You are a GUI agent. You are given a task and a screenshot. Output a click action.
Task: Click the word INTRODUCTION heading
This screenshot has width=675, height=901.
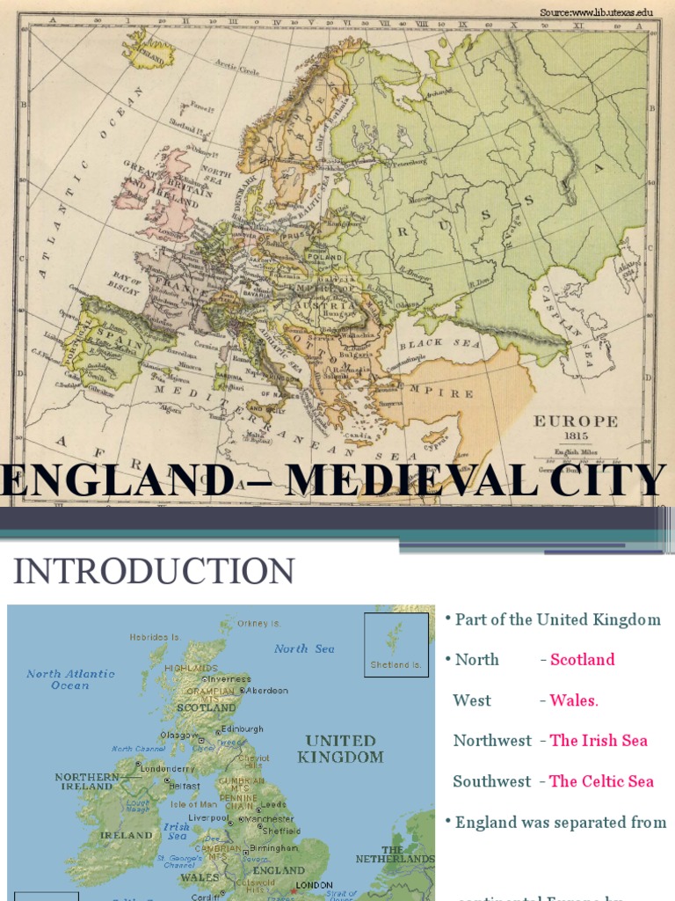[x=154, y=572]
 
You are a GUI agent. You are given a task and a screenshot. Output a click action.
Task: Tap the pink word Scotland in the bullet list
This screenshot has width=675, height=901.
[x=582, y=660]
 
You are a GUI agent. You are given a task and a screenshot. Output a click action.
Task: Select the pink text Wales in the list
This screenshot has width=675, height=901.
[x=573, y=700]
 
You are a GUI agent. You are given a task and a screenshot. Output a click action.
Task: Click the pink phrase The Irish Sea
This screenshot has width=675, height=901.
[x=599, y=741]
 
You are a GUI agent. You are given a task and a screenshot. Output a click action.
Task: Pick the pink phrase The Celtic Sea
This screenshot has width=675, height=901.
[x=601, y=781]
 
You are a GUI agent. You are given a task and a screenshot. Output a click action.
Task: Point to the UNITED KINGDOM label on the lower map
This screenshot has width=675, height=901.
[x=340, y=749]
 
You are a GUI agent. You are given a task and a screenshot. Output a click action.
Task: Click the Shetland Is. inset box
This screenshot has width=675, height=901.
[x=396, y=645]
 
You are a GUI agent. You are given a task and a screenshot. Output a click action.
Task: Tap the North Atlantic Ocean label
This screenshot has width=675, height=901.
[x=70, y=679]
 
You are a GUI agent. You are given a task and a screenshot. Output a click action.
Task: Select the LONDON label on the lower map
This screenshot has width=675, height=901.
[x=314, y=884]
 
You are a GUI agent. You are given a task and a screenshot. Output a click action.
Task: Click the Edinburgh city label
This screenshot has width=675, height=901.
[x=243, y=729]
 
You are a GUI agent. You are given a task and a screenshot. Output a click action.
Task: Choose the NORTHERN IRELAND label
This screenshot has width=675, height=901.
[x=86, y=781]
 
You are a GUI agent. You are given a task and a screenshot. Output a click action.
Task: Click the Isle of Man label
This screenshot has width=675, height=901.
[x=193, y=803]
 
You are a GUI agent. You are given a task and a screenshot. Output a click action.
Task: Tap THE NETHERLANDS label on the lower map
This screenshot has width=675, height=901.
[x=396, y=853]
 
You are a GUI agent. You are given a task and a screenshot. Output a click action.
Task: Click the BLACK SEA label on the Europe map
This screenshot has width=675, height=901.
[x=440, y=344]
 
